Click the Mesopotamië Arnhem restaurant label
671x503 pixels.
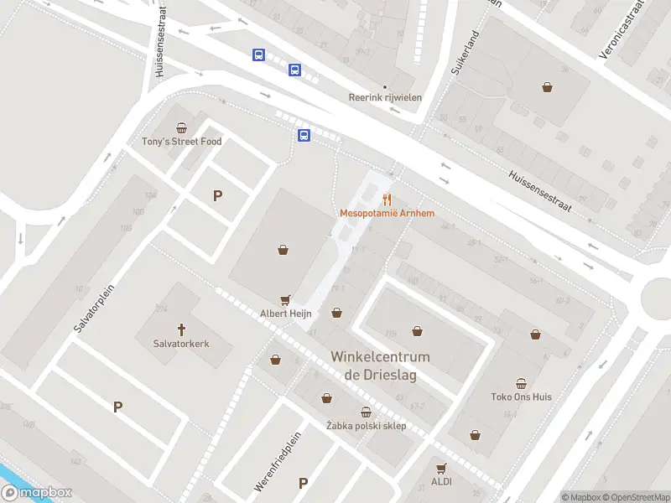386,213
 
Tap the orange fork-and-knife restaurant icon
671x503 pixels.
387,200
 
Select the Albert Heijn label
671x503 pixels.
286,314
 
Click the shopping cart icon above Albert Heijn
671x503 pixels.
286,299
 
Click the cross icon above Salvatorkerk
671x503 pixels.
180,329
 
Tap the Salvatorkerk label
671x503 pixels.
180,343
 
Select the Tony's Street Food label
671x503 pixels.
182,142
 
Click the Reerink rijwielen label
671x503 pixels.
385,97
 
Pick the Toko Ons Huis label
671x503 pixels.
521,397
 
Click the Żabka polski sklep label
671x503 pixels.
366,426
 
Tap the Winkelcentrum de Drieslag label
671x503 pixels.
380,366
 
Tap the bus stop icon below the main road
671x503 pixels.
304,135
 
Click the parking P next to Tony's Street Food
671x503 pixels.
217,195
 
